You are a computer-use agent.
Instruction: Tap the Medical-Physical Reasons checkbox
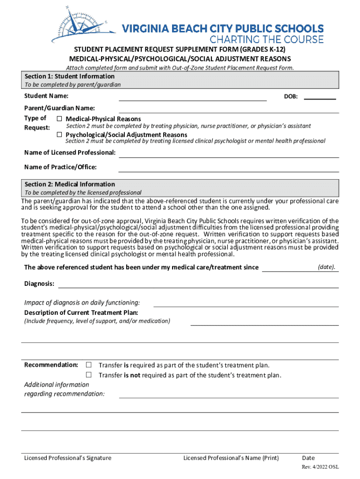tap(59, 119)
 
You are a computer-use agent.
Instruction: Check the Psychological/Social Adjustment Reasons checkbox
tap(59, 135)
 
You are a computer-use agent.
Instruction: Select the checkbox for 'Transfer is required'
tap(88, 365)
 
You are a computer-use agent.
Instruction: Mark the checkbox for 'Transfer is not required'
tap(88, 375)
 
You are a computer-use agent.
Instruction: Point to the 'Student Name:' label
tap(46, 96)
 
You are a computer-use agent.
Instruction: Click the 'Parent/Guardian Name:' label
tap(59, 109)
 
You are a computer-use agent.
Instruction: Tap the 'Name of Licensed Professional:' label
tap(70, 153)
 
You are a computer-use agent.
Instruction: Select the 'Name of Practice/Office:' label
tap(60, 167)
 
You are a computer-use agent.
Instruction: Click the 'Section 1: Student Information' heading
tap(69, 76)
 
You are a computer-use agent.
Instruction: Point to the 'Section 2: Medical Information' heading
tap(70, 184)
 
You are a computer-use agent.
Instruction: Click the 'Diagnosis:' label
tap(39, 284)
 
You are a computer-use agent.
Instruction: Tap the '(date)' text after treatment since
tap(326, 267)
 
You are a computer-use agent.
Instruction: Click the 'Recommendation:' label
tap(51, 365)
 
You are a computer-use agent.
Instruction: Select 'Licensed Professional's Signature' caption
tap(68, 458)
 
